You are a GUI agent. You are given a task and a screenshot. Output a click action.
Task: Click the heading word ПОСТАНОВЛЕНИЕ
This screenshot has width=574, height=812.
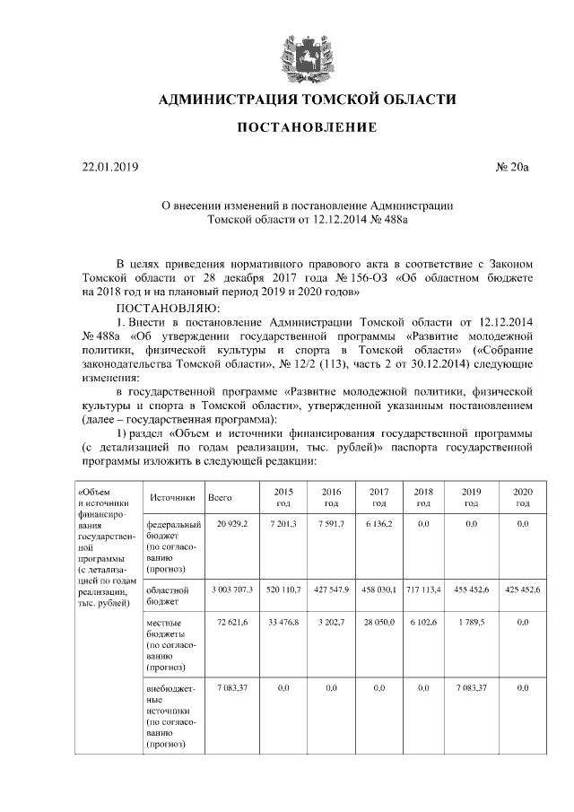click(306, 128)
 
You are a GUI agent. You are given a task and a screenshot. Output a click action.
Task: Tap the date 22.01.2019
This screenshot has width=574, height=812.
click(105, 167)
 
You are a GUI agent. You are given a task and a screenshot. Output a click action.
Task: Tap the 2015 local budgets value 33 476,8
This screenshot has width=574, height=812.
click(283, 622)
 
